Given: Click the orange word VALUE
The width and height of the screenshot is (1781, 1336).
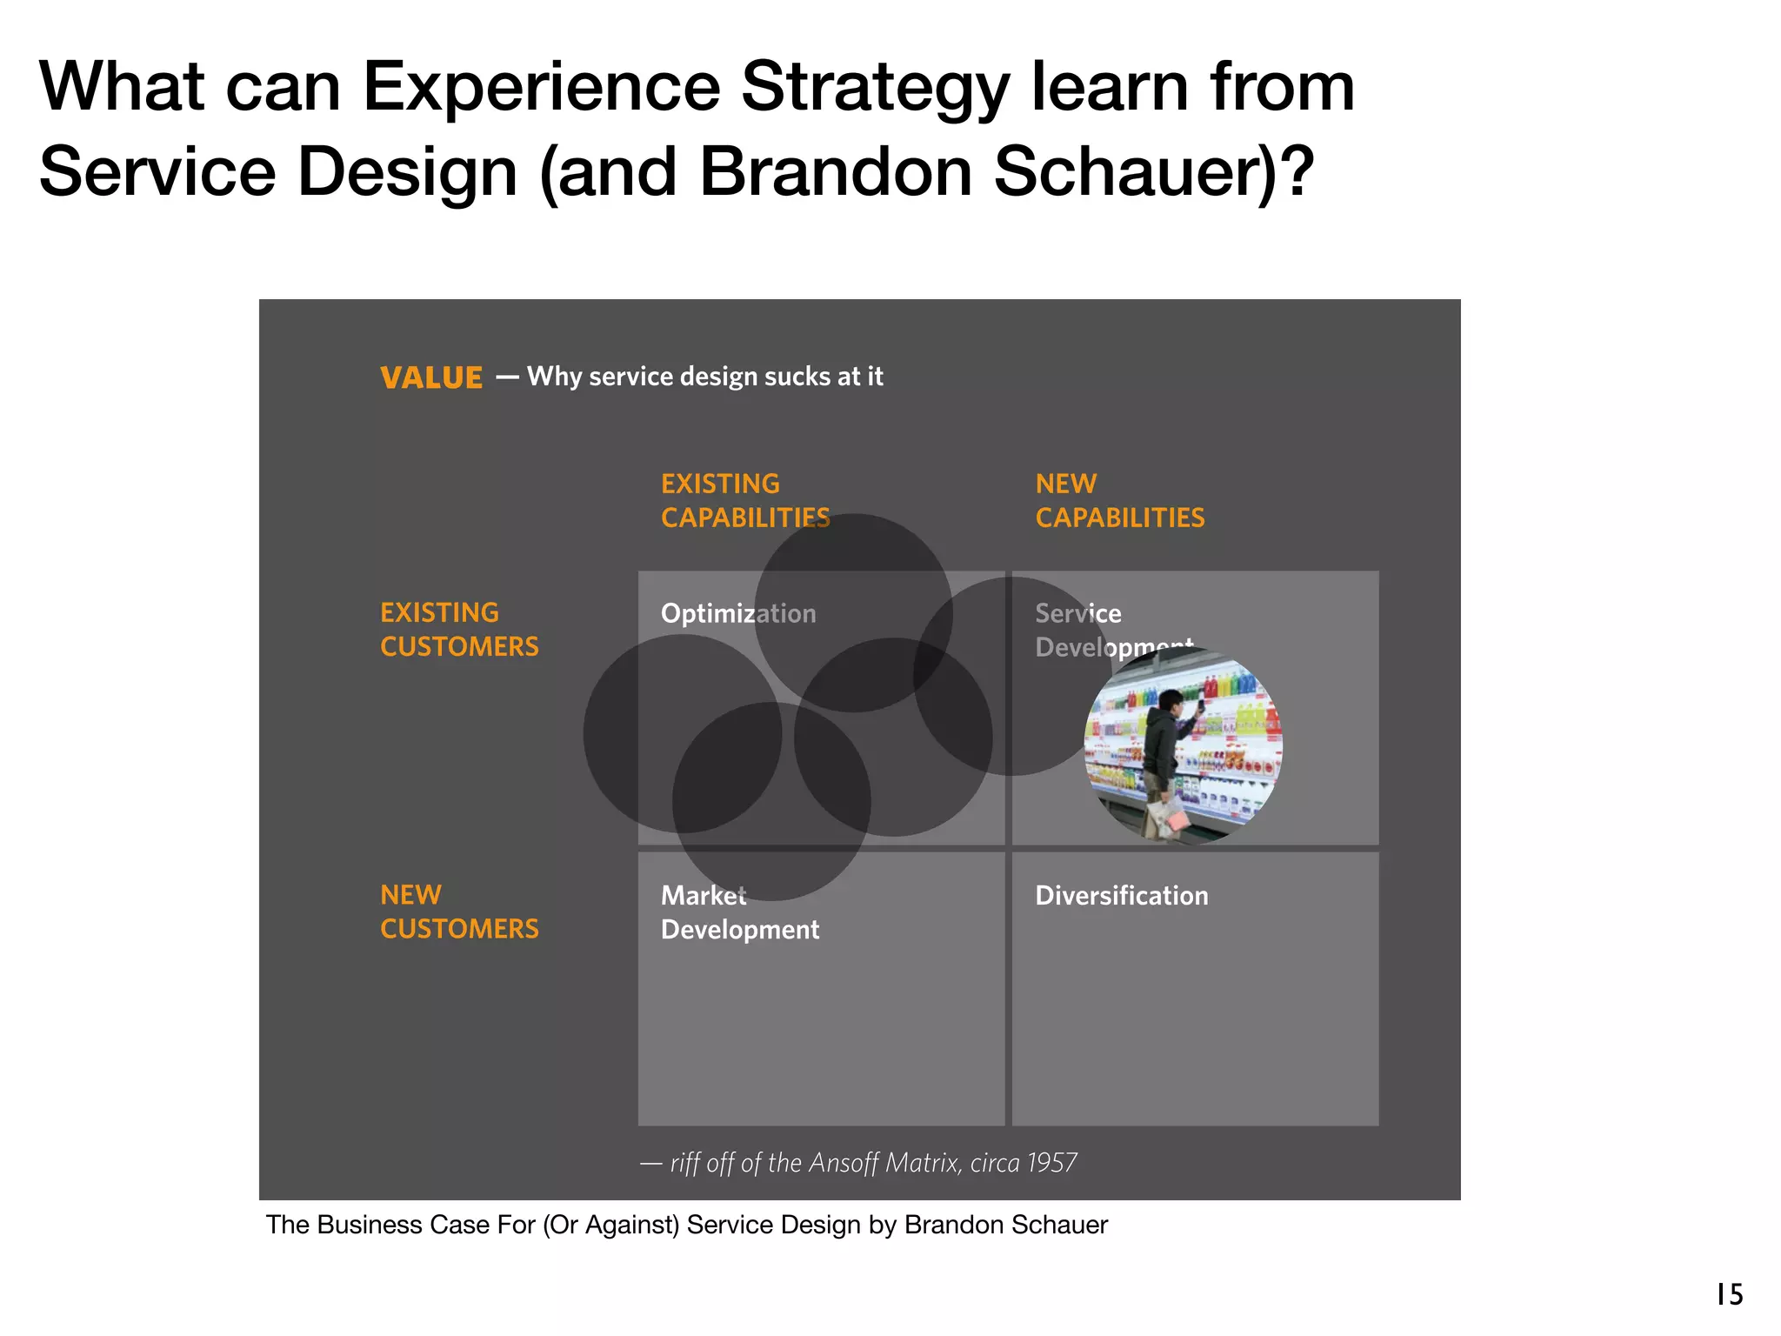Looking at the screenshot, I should [430, 377].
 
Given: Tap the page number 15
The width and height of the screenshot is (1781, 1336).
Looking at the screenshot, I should [1729, 1294].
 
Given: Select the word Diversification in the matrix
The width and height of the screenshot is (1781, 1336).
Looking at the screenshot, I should [1121, 895].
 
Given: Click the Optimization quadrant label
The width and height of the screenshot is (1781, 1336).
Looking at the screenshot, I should [737, 613].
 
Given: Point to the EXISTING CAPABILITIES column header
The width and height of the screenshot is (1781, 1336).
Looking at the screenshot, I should [744, 500].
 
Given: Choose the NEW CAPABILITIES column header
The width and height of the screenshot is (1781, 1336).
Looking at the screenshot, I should [1119, 500].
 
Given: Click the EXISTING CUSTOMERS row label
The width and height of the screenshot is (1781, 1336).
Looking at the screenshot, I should [458, 629].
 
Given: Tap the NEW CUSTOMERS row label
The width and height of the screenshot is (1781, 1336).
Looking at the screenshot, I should [458, 911].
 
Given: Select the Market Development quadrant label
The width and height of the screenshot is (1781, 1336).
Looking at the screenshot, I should [739, 912].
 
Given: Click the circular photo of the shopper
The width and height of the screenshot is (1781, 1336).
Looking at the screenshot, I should [1183, 746].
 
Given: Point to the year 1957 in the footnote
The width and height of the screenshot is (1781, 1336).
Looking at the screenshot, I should [1051, 1163].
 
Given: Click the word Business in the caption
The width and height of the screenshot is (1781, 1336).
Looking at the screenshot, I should [369, 1225].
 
